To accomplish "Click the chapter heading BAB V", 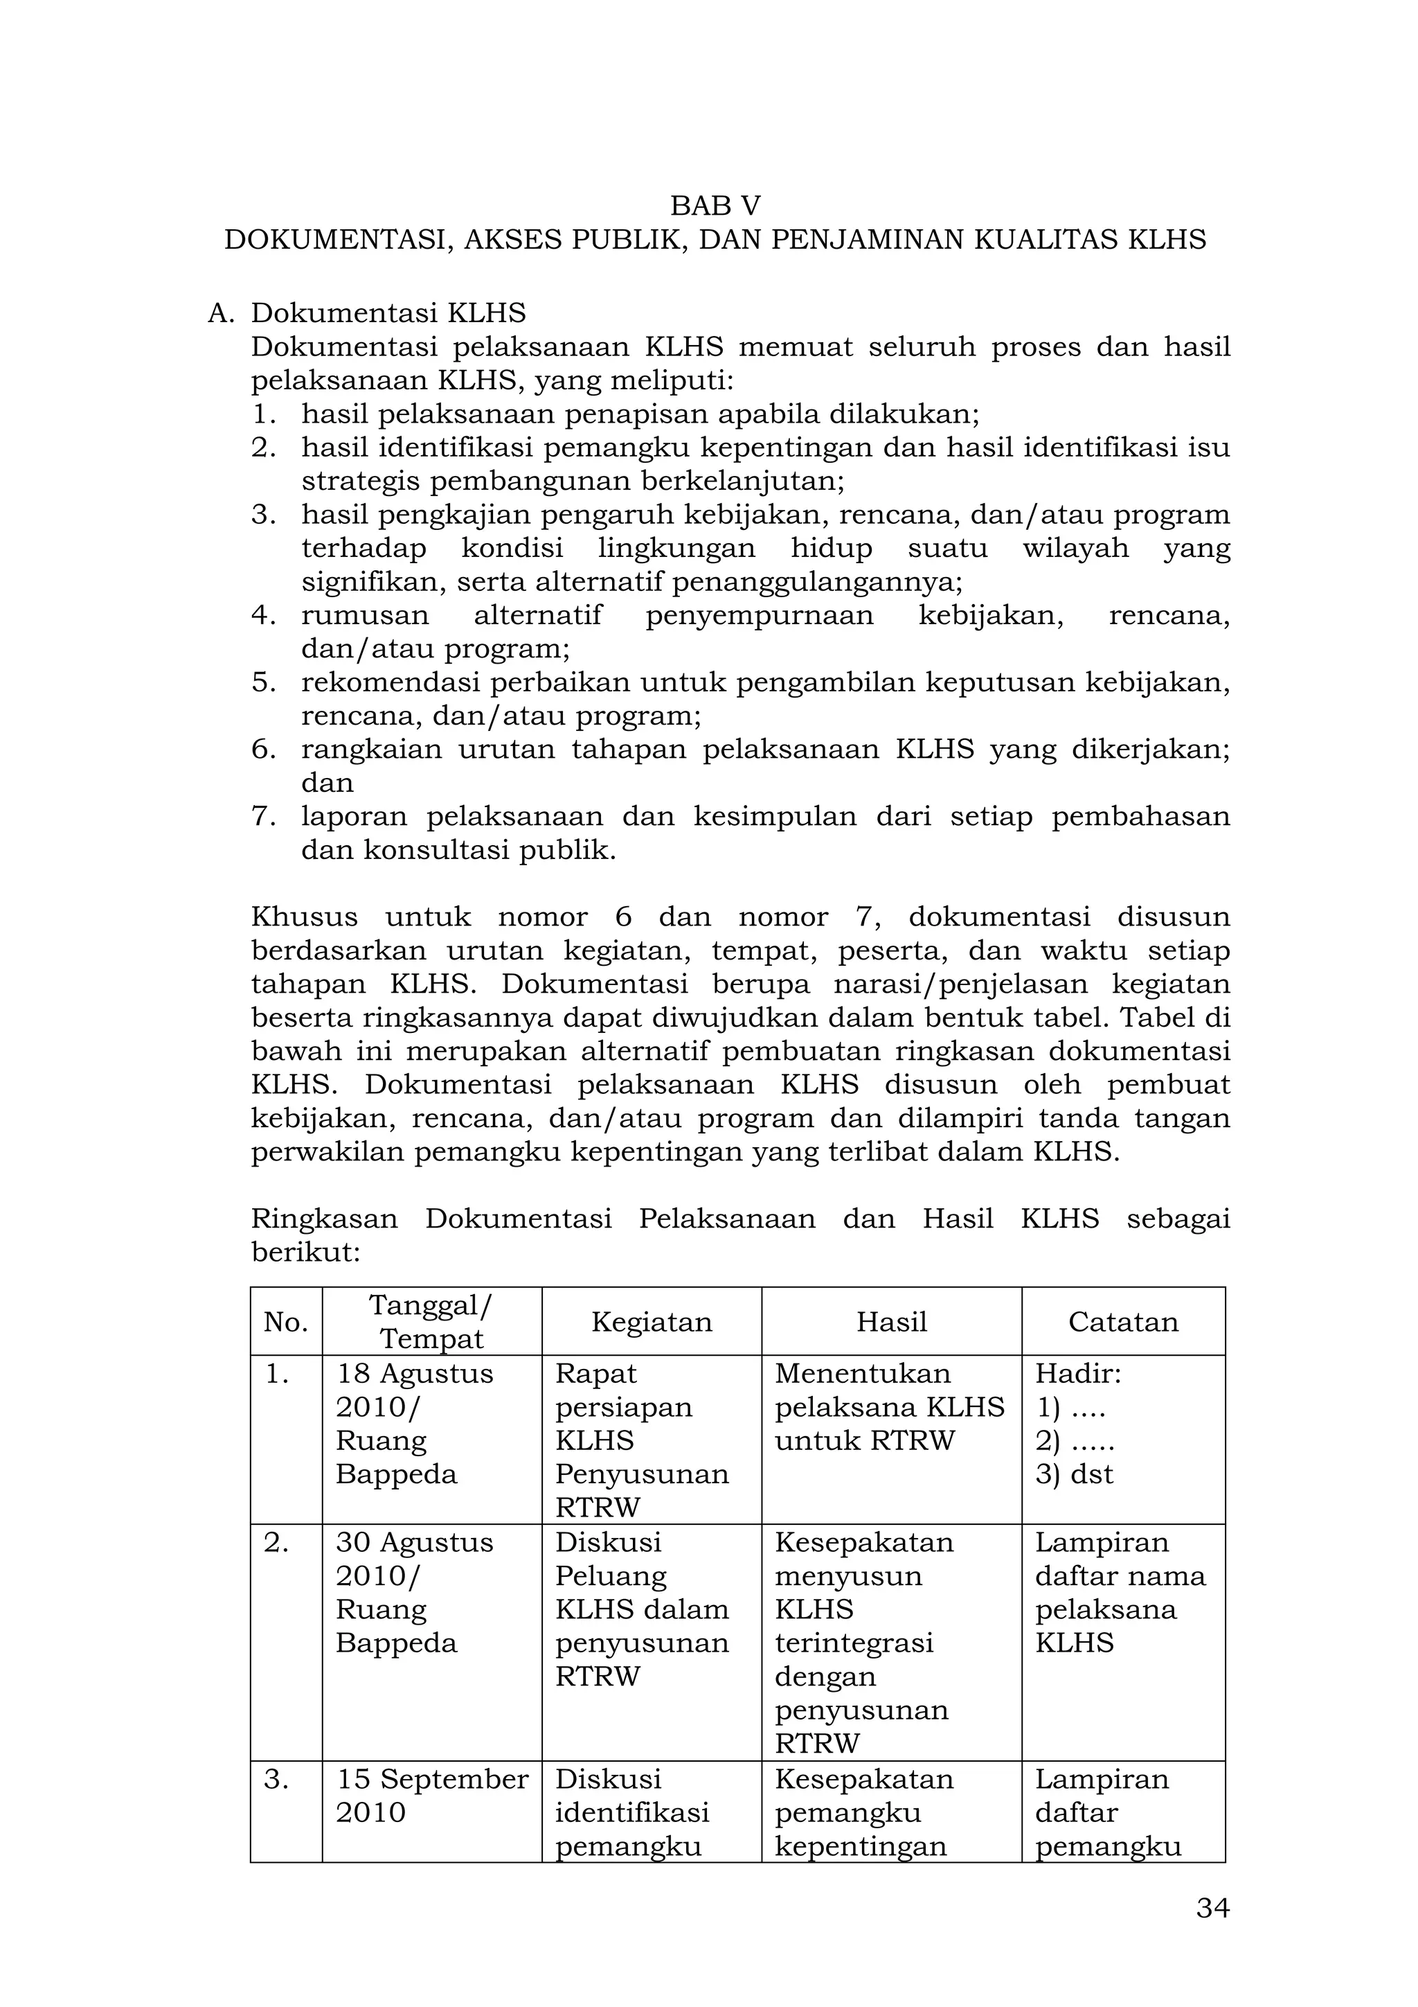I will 715,206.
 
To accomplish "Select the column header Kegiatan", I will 651,1322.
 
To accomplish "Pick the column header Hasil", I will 891,1322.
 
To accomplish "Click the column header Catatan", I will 1122,1322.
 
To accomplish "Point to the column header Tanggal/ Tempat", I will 431,1322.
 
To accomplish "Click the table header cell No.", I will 286,1323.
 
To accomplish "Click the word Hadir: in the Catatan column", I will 1078,1373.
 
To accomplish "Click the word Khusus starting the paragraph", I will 304,917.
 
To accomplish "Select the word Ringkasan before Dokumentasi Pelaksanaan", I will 324,1219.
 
